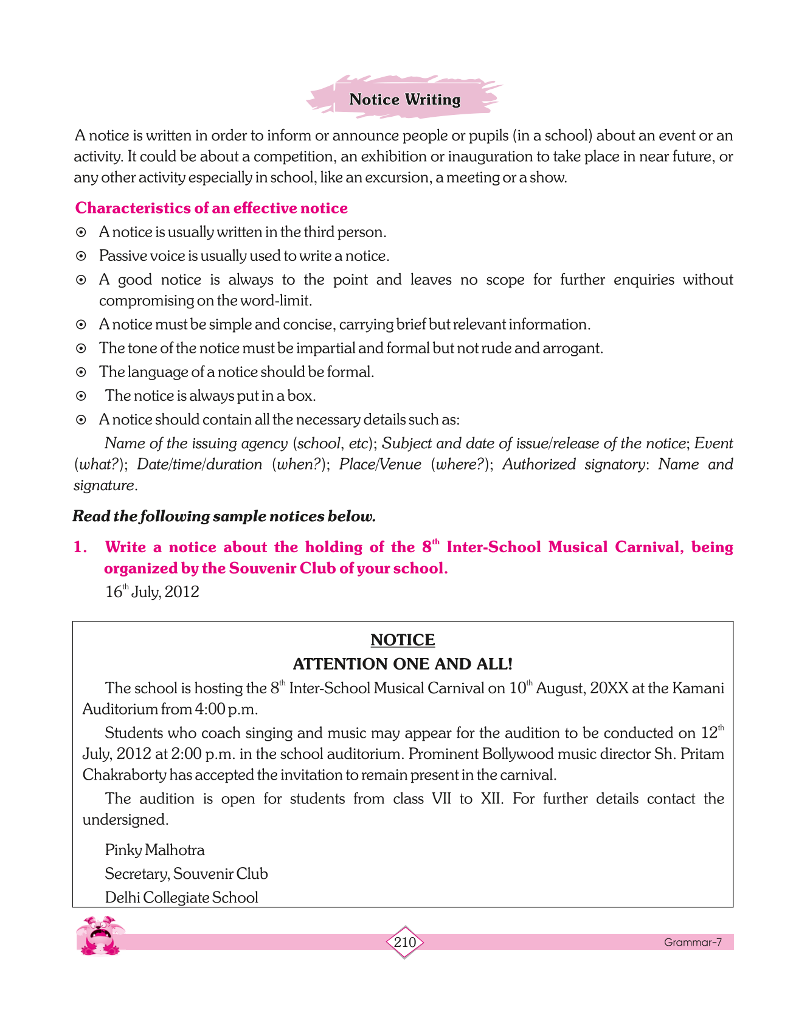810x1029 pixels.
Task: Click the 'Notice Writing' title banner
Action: [x=404, y=99]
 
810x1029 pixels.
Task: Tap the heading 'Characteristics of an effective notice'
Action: [x=211, y=208]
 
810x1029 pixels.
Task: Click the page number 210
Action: [x=404, y=942]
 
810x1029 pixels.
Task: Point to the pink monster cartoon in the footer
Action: [x=100, y=935]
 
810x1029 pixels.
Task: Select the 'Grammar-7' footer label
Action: [x=692, y=942]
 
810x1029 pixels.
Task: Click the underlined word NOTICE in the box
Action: [x=403, y=640]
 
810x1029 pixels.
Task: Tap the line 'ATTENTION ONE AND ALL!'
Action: [x=403, y=663]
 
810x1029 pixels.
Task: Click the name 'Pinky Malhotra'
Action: [x=154, y=850]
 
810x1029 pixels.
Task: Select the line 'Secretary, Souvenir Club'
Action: [x=186, y=873]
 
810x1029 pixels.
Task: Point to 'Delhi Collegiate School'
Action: [x=181, y=897]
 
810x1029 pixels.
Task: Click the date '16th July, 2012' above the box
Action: [x=152, y=592]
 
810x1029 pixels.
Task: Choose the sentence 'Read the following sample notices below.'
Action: [x=224, y=516]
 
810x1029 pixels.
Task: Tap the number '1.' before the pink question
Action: [x=80, y=547]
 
